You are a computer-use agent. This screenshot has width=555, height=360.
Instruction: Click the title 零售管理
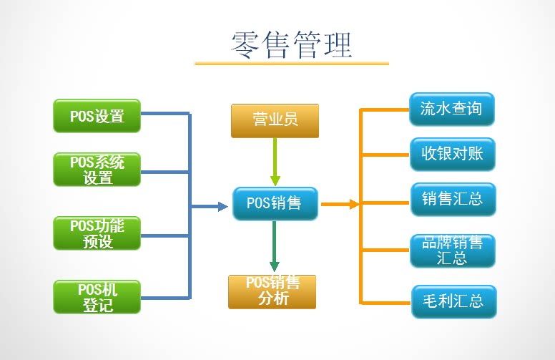point(292,44)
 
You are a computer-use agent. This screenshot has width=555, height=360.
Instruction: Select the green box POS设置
point(97,115)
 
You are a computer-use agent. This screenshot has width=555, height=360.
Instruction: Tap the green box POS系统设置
point(97,170)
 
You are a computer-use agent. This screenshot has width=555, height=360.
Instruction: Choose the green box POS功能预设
point(97,233)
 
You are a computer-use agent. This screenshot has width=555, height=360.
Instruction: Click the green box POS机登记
point(97,297)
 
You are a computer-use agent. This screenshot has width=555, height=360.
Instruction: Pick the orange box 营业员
point(275,120)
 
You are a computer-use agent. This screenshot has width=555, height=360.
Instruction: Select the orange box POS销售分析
point(272,291)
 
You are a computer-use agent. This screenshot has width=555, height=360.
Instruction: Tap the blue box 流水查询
point(451,110)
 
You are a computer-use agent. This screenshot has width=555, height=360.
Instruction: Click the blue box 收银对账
point(451,154)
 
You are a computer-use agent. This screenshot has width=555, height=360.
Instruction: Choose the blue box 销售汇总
point(451,199)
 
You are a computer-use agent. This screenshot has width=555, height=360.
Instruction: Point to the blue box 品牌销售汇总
point(451,250)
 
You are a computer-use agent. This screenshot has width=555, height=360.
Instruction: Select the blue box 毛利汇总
point(453,301)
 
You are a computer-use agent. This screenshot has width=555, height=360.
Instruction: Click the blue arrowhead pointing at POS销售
point(222,206)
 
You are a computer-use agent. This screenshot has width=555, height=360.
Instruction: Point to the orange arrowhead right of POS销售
point(353,205)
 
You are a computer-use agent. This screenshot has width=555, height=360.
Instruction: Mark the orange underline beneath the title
point(292,64)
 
